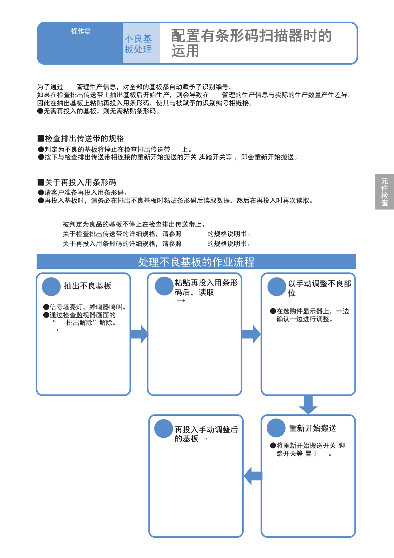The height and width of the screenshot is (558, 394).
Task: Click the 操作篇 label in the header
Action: [x=81, y=31]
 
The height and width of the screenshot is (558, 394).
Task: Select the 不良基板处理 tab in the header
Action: [x=138, y=44]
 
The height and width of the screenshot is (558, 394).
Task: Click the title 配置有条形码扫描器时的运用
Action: [x=251, y=43]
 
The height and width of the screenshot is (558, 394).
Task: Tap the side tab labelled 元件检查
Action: [x=385, y=192]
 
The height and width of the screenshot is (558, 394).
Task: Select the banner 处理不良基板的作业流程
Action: [x=196, y=262]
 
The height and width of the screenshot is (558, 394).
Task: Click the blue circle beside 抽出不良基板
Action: [x=51, y=286]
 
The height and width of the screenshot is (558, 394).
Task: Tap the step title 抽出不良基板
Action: [x=88, y=286]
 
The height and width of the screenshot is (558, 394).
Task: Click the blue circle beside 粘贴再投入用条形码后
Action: [x=164, y=286]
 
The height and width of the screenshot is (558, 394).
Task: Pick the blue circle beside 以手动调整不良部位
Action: [x=277, y=286]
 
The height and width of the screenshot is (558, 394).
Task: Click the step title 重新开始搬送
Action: [x=312, y=428]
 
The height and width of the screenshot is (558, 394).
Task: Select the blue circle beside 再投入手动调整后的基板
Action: [x=164, y=428]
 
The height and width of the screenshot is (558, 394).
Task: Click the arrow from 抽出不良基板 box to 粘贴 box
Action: [x=139, y=334]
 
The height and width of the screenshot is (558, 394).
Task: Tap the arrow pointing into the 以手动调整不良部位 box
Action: [x=251, y=334]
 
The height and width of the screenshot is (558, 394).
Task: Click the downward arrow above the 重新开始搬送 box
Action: [x=308, y=404]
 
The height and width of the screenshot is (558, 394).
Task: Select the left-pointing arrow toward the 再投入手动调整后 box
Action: [x=253, y=476]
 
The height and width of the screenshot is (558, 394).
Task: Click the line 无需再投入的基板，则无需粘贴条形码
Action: [x=99, y=111]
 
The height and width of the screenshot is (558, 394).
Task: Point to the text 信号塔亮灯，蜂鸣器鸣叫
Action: [x=85, y=307]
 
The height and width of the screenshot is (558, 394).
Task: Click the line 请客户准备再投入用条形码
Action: [x=83, y=193]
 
